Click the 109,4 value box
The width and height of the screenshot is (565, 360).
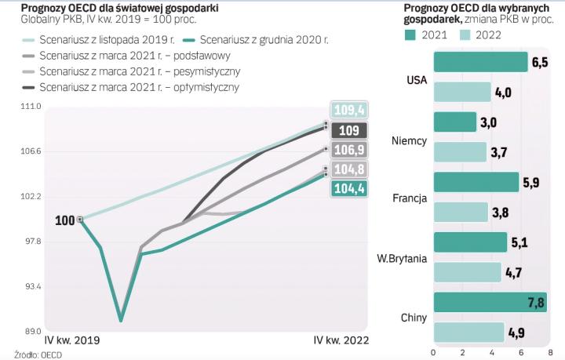tap(348, 111)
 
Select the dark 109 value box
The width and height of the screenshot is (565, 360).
tap(348, 130)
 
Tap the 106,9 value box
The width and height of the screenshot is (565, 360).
tap(348, 149)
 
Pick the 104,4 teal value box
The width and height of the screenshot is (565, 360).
tap(348, 188)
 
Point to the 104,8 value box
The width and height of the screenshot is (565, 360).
tap(348, 169)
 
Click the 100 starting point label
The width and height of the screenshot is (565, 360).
tap(66, 220)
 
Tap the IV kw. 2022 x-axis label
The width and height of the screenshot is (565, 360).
tap(341, 340)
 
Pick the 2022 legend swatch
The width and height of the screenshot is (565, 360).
tap(465, 35)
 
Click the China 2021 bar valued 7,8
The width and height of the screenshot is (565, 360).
tap(489, 303)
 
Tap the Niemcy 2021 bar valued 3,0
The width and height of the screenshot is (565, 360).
tap(455, 122)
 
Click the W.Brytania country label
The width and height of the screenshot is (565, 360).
tap(402, 257)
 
